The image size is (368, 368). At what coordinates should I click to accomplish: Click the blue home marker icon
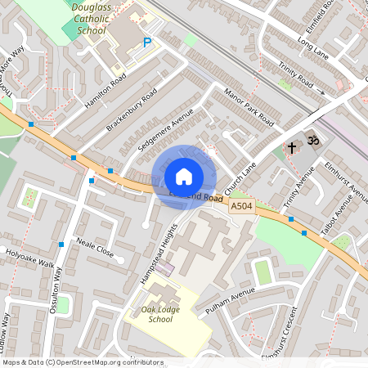tap(183, 177)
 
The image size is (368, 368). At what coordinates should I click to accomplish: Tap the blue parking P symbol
tap(147, 43)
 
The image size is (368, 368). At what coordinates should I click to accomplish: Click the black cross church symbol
tap(292, 148)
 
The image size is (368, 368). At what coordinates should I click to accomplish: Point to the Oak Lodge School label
tap(156, 313)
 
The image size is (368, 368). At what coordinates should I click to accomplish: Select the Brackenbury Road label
tap(131, 111)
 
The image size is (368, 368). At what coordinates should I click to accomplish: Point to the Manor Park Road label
tap(249, 105)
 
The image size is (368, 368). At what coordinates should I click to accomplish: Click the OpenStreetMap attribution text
tap(83, 361)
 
